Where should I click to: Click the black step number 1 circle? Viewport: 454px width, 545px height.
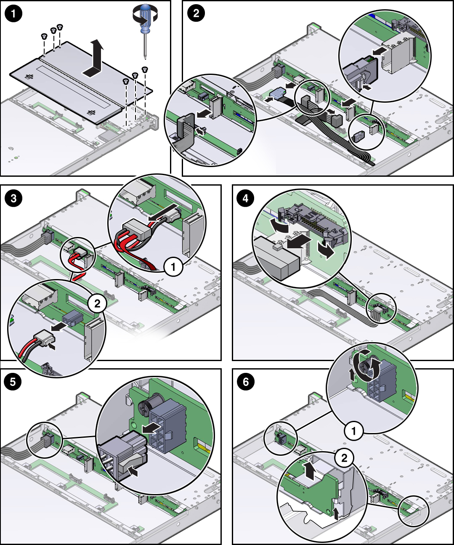pyautogui.click(x=13, y=13)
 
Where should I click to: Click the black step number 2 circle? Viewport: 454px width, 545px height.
pyautogui.click(x=196, y=13)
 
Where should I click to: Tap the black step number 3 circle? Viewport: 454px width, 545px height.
pyautogui.click(x=13, y=197)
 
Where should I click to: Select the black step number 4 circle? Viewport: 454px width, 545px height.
pyautogui.click(x=246, y=197)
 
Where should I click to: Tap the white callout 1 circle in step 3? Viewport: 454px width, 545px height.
pyautogui.click(x=173, y=266)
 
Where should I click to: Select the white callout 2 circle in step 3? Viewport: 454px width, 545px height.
pyautogui.click(x=97, y=303)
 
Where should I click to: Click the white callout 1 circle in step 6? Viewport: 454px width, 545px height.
pyautogui.click(x=353, y=431)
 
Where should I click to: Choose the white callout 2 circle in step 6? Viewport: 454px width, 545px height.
pyautogui.click(x=344, y=457)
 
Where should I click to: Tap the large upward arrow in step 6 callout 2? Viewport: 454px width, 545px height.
pyautogui.click(x=310, y=470)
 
